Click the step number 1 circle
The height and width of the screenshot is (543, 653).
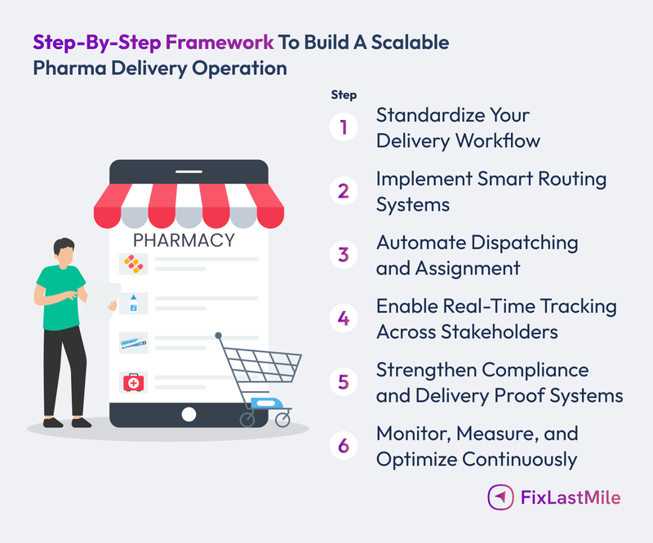click(344, 127)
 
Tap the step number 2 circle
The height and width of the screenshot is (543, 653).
click(344, 191)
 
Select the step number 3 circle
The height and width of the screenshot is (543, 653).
click(344, 254)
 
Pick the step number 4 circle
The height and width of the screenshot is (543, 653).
click(344, 318)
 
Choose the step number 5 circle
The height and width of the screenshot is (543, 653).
click(344, 382)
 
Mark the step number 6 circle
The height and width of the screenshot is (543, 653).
click(344, 446)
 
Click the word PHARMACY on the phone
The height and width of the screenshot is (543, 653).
click(184, 241)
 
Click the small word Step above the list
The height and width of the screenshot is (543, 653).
click(344, 95)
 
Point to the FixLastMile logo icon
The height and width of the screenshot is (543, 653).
click(500, 496)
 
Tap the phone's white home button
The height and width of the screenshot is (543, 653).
click(189, 413)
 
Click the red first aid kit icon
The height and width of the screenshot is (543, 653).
click(131, 381)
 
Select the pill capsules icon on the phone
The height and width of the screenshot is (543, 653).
click(131, 263)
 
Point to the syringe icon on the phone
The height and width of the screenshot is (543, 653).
click(131, 341)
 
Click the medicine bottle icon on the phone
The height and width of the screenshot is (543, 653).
click(131, 303)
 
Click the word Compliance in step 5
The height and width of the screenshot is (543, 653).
click(542, 370)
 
